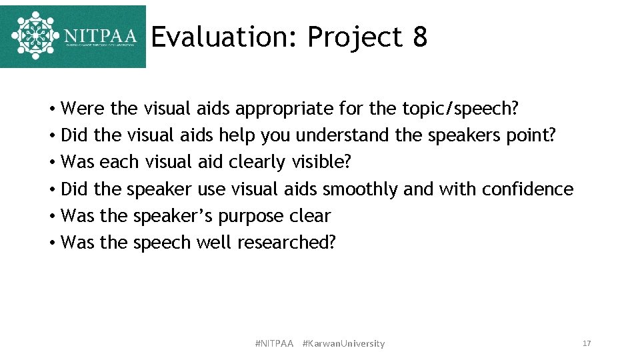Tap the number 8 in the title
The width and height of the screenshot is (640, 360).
(419, 38)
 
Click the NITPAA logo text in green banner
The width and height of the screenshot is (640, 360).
(100, 36)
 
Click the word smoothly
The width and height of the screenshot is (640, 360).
(360, 189)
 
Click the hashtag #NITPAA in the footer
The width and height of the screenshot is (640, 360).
(274, 343)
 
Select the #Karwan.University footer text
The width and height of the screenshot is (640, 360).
(343, 343)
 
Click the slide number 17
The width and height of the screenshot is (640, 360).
(587, 343)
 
